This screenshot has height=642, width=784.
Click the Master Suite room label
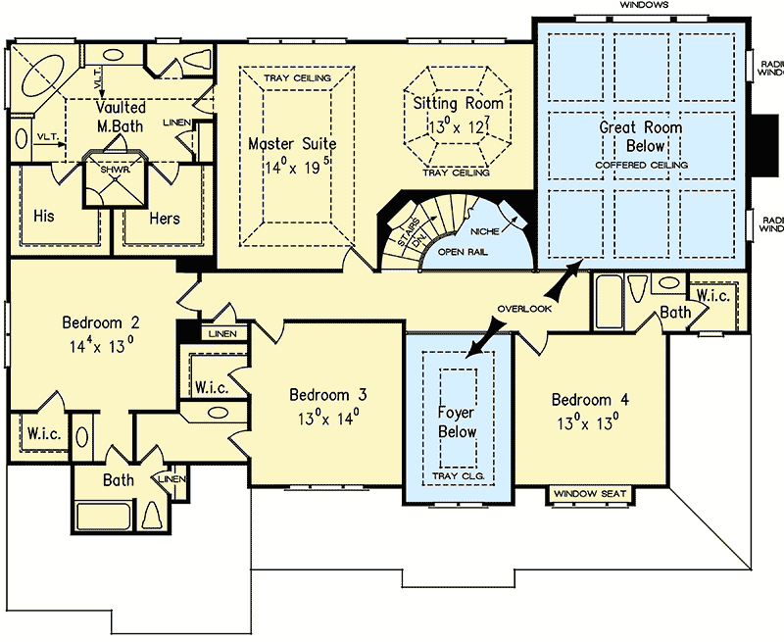(x=291, y=144)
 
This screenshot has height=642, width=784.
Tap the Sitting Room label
(x=458, y=104)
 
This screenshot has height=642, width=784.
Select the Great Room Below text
(x=641, y=136)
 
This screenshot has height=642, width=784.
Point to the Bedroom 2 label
(x=100, y=322)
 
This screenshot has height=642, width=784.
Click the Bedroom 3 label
(x=327, y=395)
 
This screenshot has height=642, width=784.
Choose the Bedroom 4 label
(x=590, y=400)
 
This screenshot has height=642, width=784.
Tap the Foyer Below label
(x=457, y=422)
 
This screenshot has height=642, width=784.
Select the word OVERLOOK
(x=524, y=309)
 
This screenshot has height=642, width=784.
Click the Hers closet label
(x=164, y=218)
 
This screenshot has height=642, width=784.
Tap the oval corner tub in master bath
(x=39, y=74)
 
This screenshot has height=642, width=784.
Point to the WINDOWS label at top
(x=643, y=6)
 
